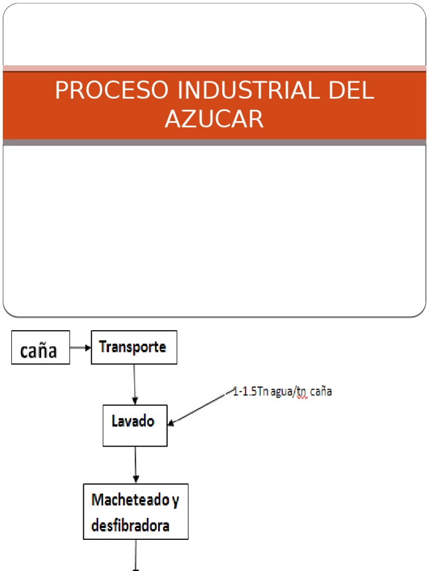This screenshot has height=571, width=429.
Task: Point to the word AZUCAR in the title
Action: pyautogui.click(x=214, y=119)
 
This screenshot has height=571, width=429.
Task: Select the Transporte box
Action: pyautogui.click(x=134, y=347)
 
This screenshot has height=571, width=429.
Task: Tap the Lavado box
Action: pyautogui.click(x=135, y=425)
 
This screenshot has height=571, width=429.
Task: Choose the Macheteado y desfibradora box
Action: pyautogui.click(x=135, y=511)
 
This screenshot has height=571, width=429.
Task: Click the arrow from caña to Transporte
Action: pyautogui.click(x=80, y=347)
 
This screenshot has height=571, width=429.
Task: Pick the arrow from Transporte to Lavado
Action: pyautogui.click(x=134, y=384)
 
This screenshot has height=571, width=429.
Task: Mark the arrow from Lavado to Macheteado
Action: pyautogui.click(x=135, y=464)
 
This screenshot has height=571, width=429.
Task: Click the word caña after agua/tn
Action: pyautogui.click(x=322, y=392)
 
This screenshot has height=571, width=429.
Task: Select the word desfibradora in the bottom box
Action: pyautogui.click(x=130, y=525)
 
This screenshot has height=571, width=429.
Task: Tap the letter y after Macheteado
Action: pyautogui.click(x=175, y=500)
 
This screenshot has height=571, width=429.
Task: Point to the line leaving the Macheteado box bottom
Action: pyautogui.click(x=136, y=555)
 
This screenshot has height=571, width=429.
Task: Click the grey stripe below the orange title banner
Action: pyautogui.click(x=214, y=143)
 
